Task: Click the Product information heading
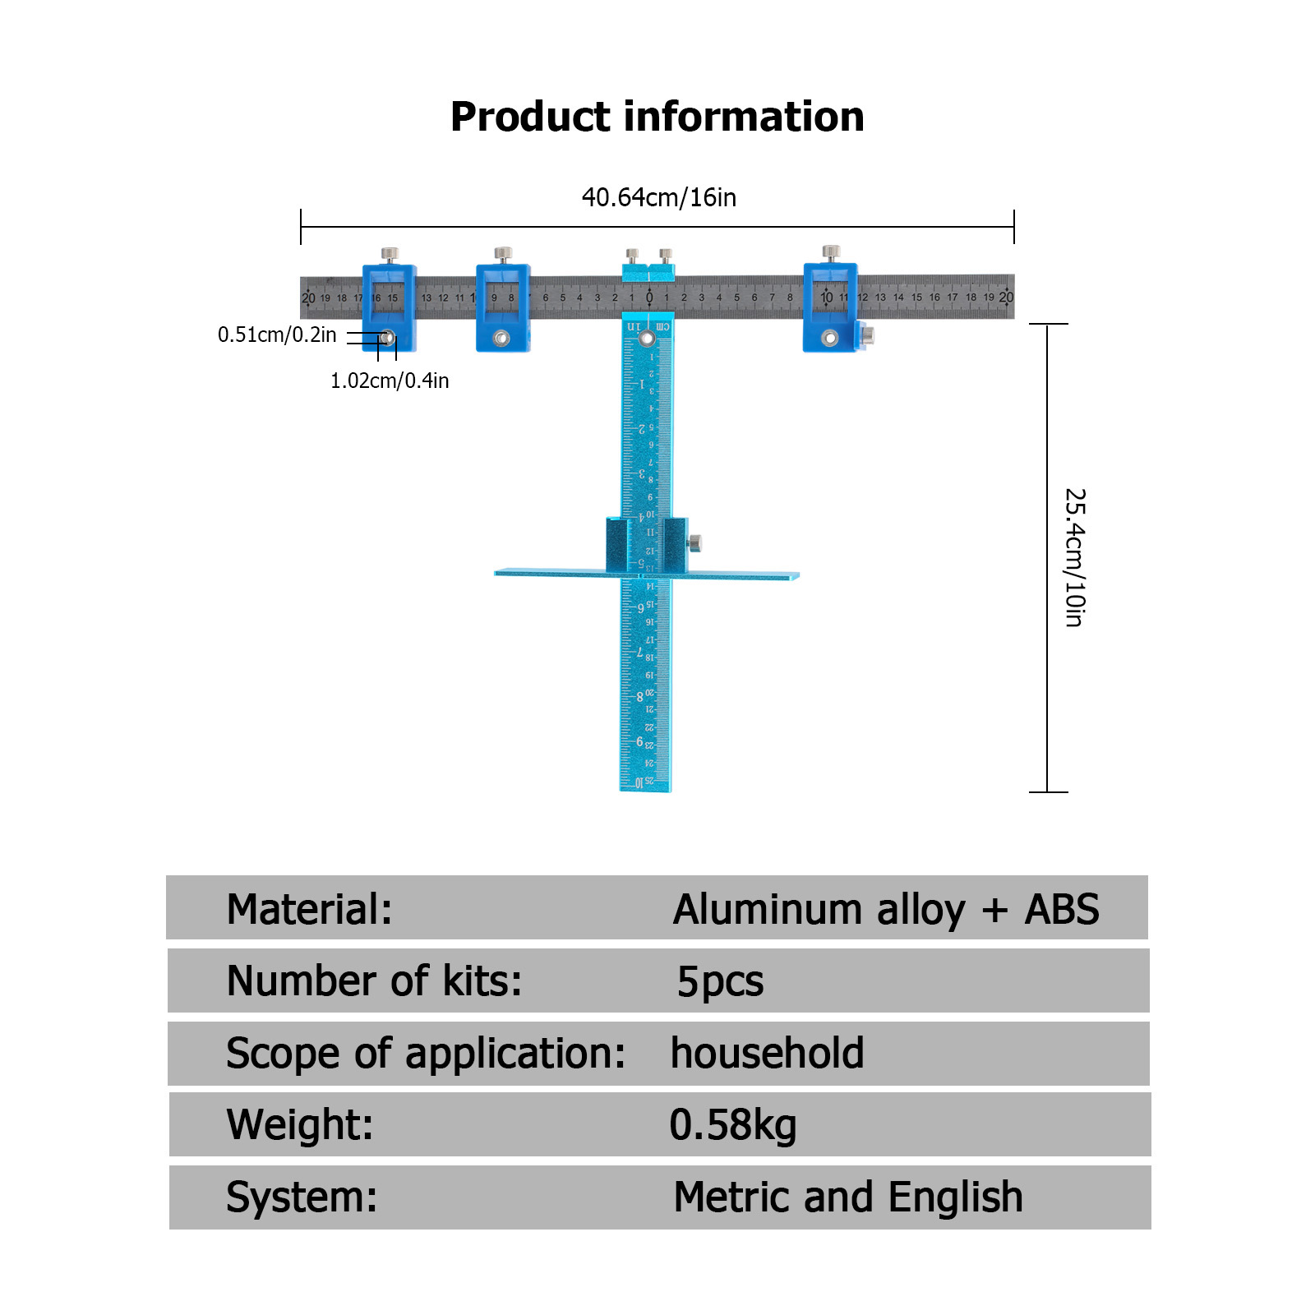pyautogui.click(x=657, y=117)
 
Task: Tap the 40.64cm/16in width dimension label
pyautogui.click(x=658, y=197)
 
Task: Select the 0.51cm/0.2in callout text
pyautogui.click(x=277, y=335)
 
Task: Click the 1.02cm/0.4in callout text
pyautogui.click(x=390, y=381)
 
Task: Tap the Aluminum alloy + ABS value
pyautogui.click(x=885, y=910)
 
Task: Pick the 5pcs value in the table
pyautogui.click(x=720, y=981)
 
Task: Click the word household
pyautogui.click(x=767, y=1054)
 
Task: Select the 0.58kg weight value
pyautogui.click(x=732, y=1125)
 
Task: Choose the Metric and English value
pyautogui.click(x=847, y=1197)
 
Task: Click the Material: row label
pyautogui.click(x=309, y=910)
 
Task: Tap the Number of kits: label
pyautogui.click(x=374, y=981)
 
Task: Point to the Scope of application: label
pyautogui.click(x=426, y=1054)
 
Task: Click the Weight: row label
pyautogui.click(x=299, y=1125)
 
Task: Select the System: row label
pyautogui.click(x=302, y=1197)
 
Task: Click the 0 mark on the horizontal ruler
pyautogui.click(x=648, y=298)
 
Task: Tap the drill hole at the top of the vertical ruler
pyautogui.click(x=647, y=338)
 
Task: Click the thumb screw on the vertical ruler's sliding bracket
pyautogui.click(x=694, y=542)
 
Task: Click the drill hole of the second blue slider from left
pyautogui.click(x=501, y=338)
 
